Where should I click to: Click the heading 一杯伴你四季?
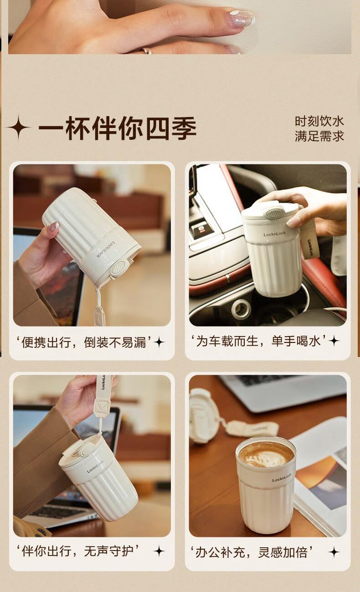(118, 128)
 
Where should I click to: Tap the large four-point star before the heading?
(18, 127)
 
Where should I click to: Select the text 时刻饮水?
(319, 121)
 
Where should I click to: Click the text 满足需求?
(319, 136)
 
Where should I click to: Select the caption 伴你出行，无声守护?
(77, 551)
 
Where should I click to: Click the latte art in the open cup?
(266, 455)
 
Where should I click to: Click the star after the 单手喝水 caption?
(334, 341)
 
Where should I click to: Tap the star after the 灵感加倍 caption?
(334, 552)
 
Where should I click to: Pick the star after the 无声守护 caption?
(159, 551)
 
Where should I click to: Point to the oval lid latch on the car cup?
(274, 213)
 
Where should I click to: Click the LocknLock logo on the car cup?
(275, 234)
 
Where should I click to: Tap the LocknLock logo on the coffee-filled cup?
(282, 479)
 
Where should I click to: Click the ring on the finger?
(147, 51)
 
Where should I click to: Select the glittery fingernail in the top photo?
(241, 19)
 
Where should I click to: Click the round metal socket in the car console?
(241, 308)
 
